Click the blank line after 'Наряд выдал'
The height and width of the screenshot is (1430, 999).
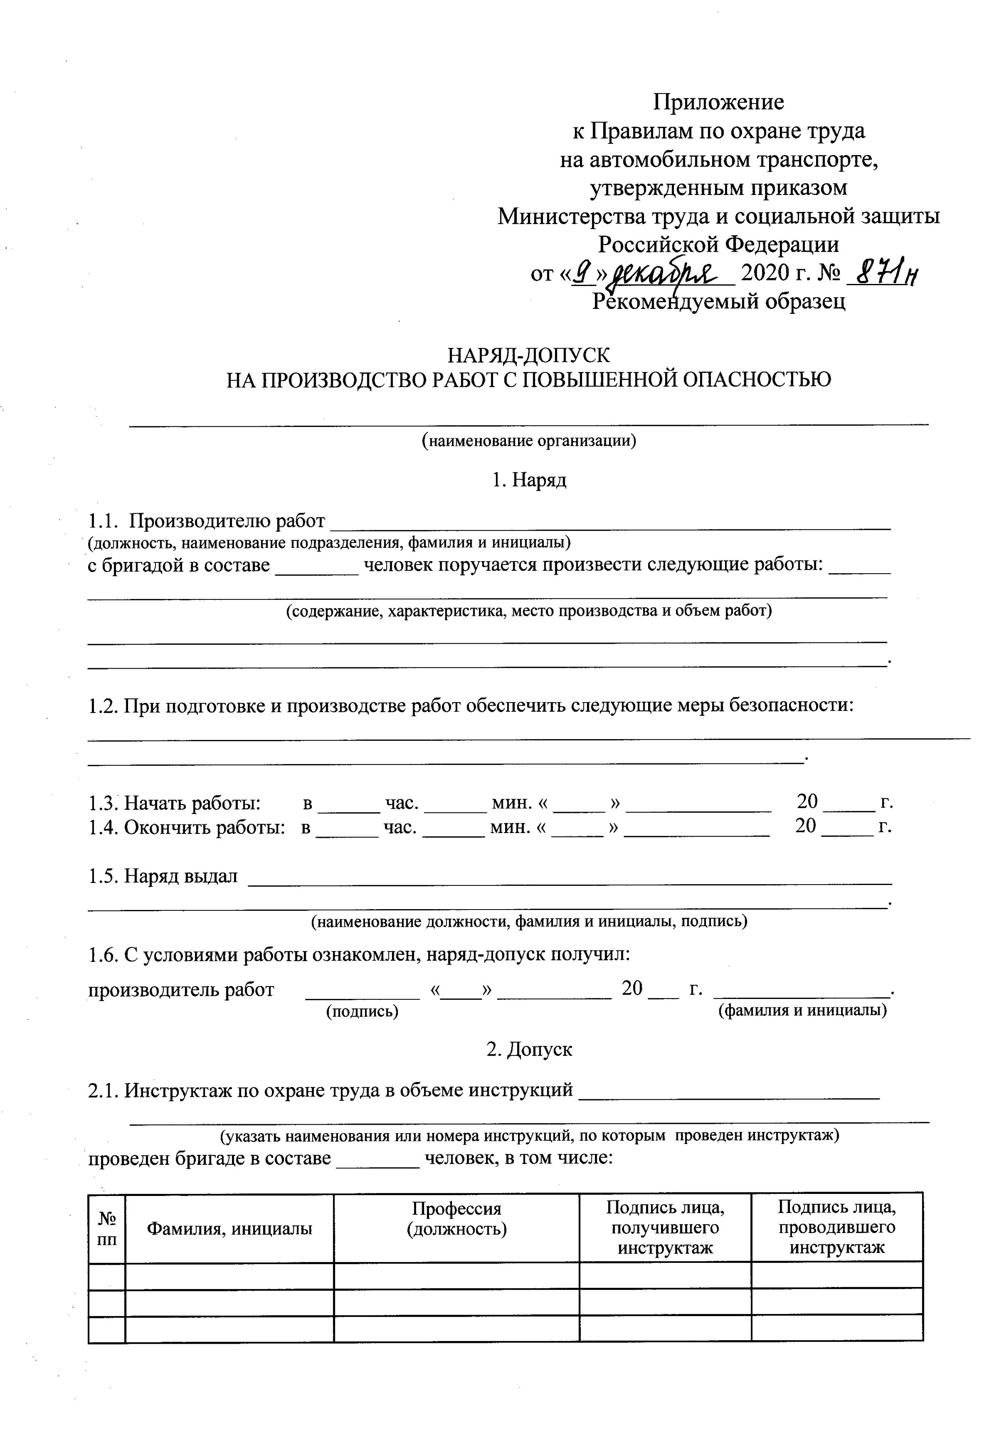(570, 878)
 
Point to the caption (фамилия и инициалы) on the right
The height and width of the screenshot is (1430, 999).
(802, 1010)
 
